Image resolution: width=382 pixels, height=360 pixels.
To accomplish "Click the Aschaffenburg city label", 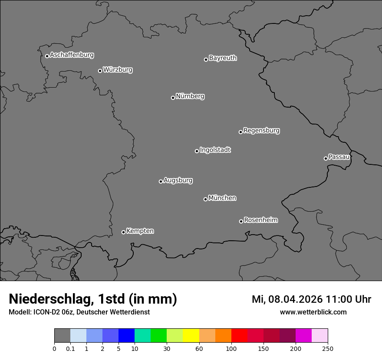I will point(72,55).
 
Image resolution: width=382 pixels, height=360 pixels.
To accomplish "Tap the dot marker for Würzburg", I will point(100,71).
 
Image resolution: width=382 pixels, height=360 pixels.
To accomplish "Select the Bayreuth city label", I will point(223,58).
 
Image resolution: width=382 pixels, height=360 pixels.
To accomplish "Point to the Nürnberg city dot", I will point(173,98).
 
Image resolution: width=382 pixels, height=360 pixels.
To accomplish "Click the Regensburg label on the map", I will point(261,131).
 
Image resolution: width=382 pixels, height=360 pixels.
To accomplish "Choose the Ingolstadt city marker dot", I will point(197,151).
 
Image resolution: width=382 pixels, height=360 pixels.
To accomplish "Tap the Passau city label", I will point(339,157).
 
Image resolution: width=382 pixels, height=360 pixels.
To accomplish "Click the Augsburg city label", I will point(178,180).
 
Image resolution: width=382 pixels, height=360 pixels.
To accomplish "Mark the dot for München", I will point(205,199).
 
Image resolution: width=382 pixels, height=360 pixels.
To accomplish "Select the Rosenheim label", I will point(260,220).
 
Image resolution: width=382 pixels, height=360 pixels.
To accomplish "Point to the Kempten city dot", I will point(123,232).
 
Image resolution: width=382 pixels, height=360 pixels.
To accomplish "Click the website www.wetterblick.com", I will point(313,312).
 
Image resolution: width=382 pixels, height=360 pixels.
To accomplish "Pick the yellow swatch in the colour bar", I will point(191,336).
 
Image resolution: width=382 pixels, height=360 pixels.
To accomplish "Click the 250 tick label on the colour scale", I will point(327,348).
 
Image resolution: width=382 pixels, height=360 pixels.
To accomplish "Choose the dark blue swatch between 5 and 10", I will point(126,336).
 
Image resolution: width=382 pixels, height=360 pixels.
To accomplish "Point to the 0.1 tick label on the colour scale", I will point(70,348).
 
